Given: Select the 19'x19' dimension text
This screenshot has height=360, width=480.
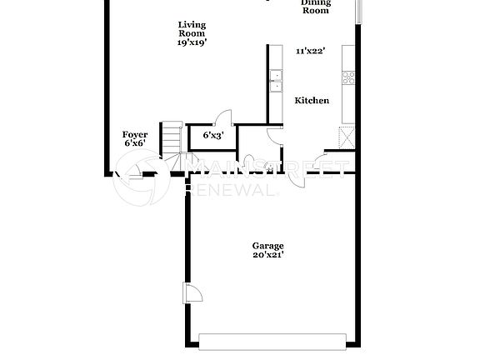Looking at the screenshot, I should click(192, 42).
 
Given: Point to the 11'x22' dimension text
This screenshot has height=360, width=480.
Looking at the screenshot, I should click(310, 51).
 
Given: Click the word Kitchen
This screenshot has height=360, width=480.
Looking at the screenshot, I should click(312, 101).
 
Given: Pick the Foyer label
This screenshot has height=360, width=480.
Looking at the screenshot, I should click(135, 134).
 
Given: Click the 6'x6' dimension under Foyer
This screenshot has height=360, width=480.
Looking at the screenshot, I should click(135, 143).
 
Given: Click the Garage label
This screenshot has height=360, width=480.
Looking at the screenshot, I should click(268, 246).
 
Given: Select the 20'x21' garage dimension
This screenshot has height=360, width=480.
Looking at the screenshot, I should click(268, 256).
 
